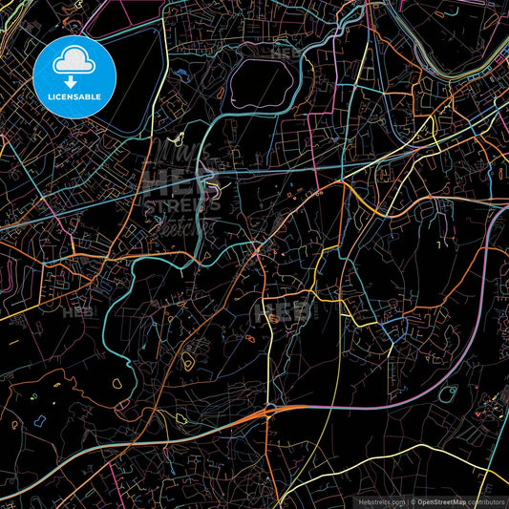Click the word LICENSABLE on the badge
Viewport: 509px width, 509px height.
75,96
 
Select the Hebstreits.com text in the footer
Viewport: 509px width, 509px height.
380,501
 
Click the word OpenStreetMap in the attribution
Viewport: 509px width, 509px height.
440,501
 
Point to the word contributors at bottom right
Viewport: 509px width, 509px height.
486,501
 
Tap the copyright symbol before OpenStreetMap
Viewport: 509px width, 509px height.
412,501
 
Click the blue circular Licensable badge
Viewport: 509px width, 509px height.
75,75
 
